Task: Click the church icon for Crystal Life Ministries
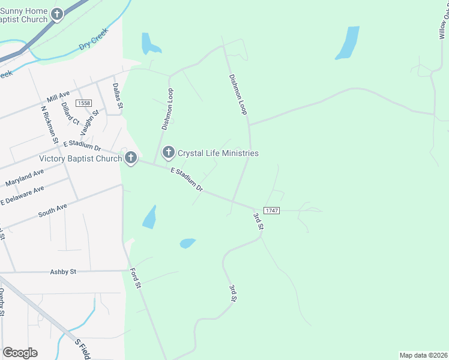point(169,153)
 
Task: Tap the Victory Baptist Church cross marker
point(130,159)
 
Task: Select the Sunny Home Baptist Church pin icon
point(56,14)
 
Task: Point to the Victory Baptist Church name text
point(80,159)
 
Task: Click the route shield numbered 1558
point(84,104)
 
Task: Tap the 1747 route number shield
point(272,210)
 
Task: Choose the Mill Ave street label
point(58,96)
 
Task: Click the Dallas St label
point(118,95)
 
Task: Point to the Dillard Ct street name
point(70,113)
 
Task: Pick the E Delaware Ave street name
point(22,195)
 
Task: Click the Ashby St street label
point(64,271)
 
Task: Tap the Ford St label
point(136,278)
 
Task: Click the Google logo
point(20,353)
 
